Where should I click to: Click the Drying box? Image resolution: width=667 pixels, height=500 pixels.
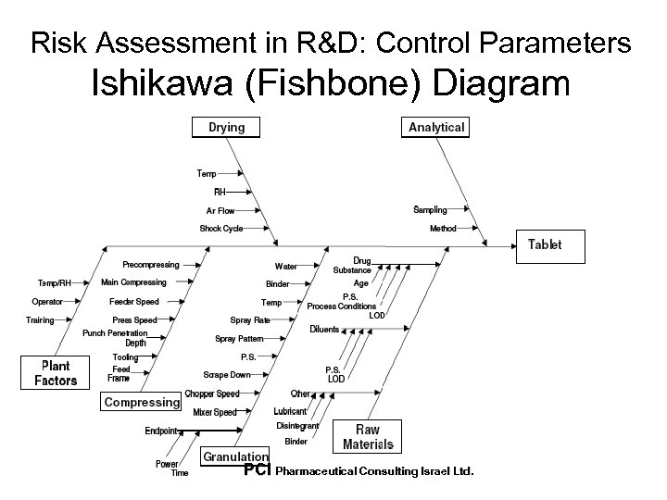point(226,128)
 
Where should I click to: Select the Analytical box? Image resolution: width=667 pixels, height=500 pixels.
point(436,128)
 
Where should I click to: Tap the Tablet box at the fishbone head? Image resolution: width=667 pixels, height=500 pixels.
point(545,245)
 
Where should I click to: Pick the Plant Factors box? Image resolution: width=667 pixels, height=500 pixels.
point(56,373)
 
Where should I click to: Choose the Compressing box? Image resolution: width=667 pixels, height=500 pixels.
point(141,402)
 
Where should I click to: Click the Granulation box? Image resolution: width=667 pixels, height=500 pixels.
point(236,456)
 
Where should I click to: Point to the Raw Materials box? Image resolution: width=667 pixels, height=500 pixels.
point(368,437)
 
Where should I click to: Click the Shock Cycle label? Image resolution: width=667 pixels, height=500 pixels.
point(220,229)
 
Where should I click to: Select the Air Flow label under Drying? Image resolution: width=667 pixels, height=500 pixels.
point(220,211)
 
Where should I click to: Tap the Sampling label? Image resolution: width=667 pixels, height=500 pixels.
point(430,210)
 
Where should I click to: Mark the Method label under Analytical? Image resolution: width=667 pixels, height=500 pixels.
point(443,229)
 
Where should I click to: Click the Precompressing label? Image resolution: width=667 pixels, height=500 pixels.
point(151,265)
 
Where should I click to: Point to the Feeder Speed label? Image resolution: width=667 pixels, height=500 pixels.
point(133,302)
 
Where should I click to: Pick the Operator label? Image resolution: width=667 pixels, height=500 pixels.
point(47,302)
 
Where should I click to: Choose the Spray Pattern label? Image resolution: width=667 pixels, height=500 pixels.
point(239,339)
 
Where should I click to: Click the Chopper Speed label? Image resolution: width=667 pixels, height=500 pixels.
point(211,394)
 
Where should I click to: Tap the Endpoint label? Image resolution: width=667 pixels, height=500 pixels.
point(162,431)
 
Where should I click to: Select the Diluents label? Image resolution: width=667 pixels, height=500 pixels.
point(324,330)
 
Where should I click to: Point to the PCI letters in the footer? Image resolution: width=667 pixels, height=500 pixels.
point(257,470)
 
